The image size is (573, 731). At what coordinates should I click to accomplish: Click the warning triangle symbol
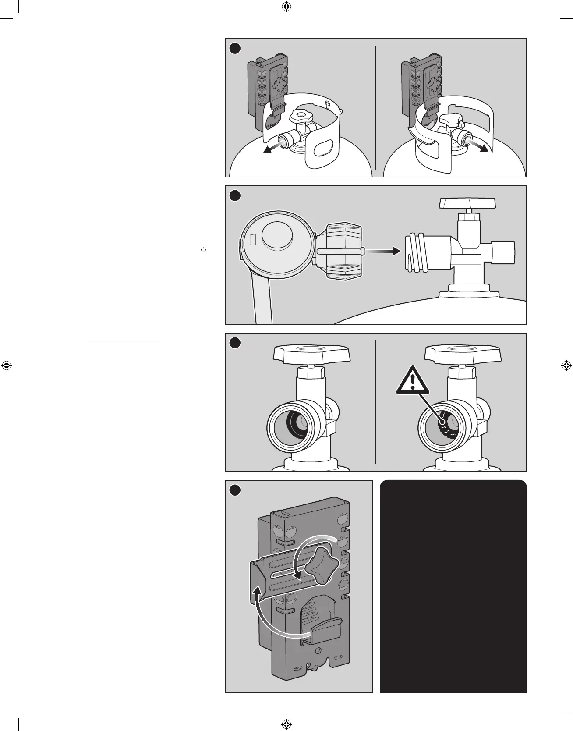(411, 381)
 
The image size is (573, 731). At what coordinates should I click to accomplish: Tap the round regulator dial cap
(278, 234)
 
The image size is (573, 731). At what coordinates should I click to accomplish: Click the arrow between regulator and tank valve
(382, 251)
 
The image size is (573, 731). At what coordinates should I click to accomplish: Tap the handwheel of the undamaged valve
(311, 353)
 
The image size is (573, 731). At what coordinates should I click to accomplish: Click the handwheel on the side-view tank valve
(468, 204)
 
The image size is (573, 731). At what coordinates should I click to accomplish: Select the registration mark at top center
(286, 7)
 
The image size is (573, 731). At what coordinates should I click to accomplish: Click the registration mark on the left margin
(6, 365)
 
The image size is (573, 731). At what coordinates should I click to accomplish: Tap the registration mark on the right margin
(566, 365)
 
